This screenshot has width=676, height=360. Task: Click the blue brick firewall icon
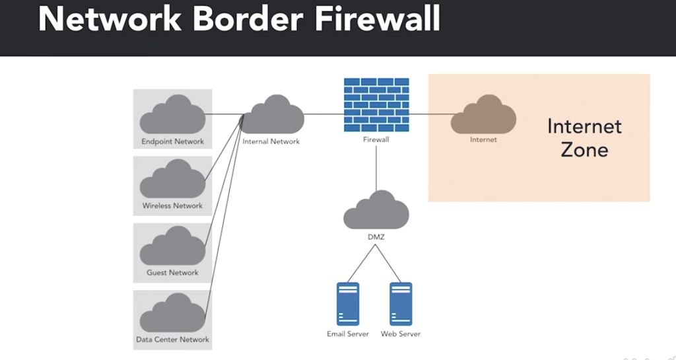pos(376,104)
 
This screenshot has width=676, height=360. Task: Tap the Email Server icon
pos(348,303)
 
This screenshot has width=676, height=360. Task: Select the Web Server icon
pos(401,303)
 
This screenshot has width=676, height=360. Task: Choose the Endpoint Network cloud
pos(172,116)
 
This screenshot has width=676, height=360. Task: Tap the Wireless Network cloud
pos(172,181)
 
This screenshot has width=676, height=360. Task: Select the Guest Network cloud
pos(172,248)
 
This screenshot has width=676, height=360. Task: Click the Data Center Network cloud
pos(172,314)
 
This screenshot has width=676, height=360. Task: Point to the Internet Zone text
pos(584,137)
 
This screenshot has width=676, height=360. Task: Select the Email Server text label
pos(348,334)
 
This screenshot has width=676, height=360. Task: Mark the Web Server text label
pos(401,334)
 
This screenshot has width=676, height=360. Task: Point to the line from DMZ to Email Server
pos(362,262)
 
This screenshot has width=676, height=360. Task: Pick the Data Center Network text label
pos(172,340)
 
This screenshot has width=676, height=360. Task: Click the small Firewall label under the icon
pos(376,140)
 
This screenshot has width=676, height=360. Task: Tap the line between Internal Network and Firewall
pos(323,114)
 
